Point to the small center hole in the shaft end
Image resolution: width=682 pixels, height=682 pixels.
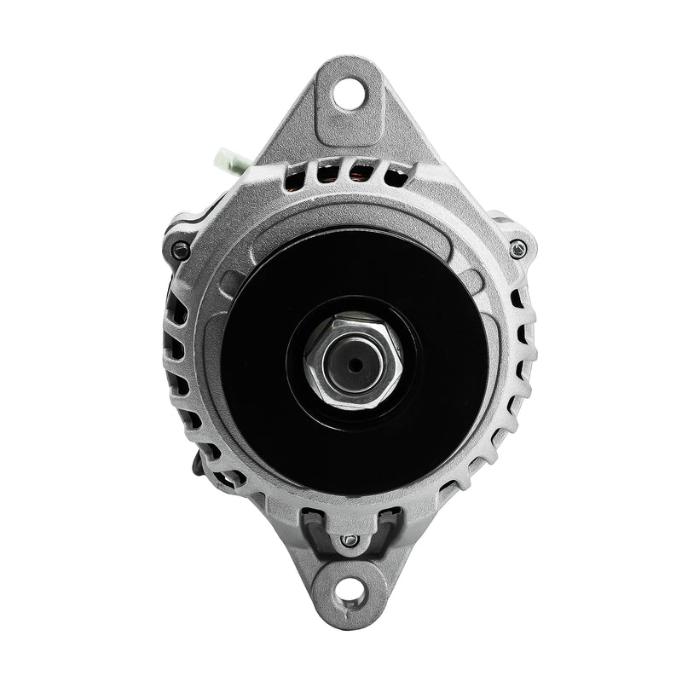(352, 365)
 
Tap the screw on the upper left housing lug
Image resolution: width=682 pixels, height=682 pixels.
(181, 250)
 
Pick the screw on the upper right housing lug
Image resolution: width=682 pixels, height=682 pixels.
(517, 248)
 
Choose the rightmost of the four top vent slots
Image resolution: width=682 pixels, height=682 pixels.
(396, 176)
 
